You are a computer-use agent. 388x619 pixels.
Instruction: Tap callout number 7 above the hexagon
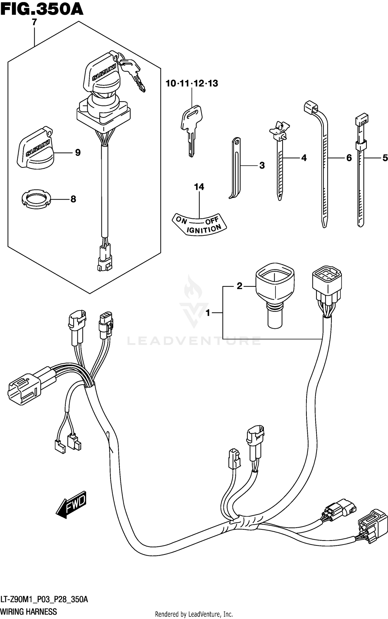(x=34, y=22)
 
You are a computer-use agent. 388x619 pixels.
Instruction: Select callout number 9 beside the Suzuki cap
(x=78, y=153)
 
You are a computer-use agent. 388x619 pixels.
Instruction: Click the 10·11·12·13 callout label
(x=192, y=84)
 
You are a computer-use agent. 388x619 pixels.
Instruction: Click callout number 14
(x=199, y=187)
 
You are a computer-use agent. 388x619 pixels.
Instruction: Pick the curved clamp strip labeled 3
(x=235, y=168)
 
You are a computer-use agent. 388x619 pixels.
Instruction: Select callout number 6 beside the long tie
(x=349, y=158)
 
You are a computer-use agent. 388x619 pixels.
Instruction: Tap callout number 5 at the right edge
(x=385, y=158)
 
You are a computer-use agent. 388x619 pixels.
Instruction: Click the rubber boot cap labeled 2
(x=275, y=292)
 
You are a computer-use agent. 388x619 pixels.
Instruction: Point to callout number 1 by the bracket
(x=208, y=313)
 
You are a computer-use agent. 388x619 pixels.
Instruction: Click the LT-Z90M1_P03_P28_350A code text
(x=44, y=599)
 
